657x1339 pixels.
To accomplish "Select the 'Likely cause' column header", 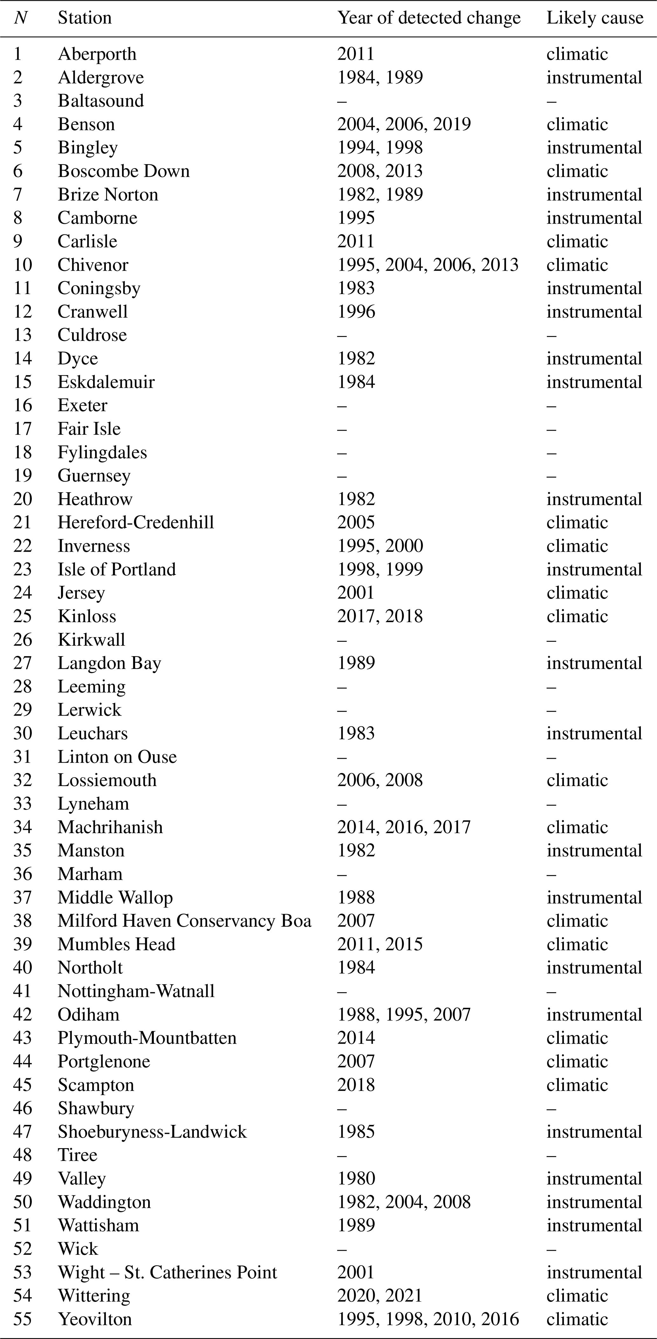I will click(x=595, y=18).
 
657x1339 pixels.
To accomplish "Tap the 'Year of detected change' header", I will click(x=429, y=18).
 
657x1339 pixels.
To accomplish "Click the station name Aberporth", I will click(x=97, y=54).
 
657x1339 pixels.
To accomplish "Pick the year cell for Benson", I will click(x=404, y=124).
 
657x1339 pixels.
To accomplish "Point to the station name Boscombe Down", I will click(x=123, y=171).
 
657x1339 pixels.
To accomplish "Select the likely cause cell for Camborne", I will click(x=594, y=218).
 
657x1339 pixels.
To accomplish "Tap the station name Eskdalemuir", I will click(x=106, y=382).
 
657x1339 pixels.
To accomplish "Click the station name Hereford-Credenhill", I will click(x=136, y=522).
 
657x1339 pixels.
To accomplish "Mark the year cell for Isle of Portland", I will click(x=380, y=569).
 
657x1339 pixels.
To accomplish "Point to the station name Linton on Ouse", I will click(x=117, y=757).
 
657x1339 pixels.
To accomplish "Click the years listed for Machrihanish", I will click(x=404, y=827).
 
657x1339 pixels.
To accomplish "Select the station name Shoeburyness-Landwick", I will click(x=152, y=1132).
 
